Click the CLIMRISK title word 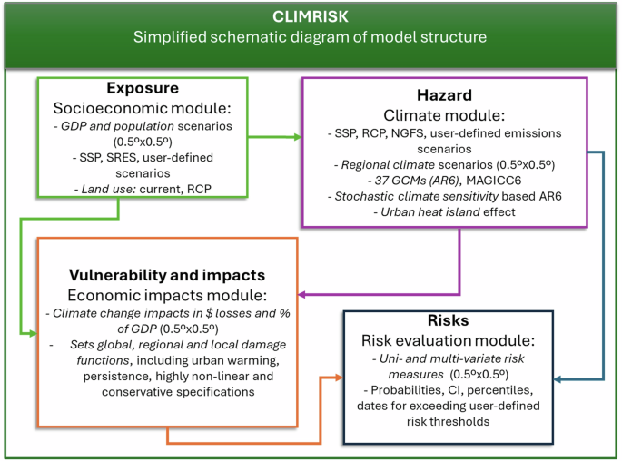click(x=311, y=16)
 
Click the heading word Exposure click(x=143, y=89)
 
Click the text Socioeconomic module click(x=143, y=108)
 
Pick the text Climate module click(x=443, y=115)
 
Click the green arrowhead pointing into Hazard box click(x=296, y=138)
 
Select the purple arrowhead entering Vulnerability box click(x=303, y=293)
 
